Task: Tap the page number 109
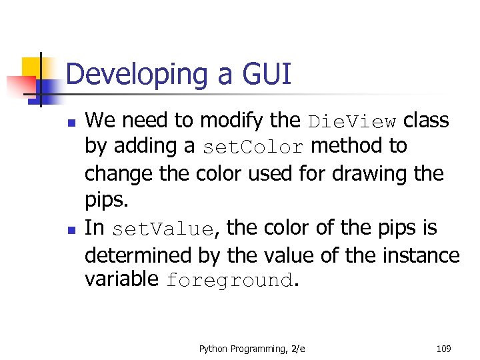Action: coord(443,349)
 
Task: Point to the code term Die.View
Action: coord(352,121)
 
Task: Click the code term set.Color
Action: coord(253,147)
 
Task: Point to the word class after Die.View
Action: coord(426,121)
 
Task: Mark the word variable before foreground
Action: coord(122,280)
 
